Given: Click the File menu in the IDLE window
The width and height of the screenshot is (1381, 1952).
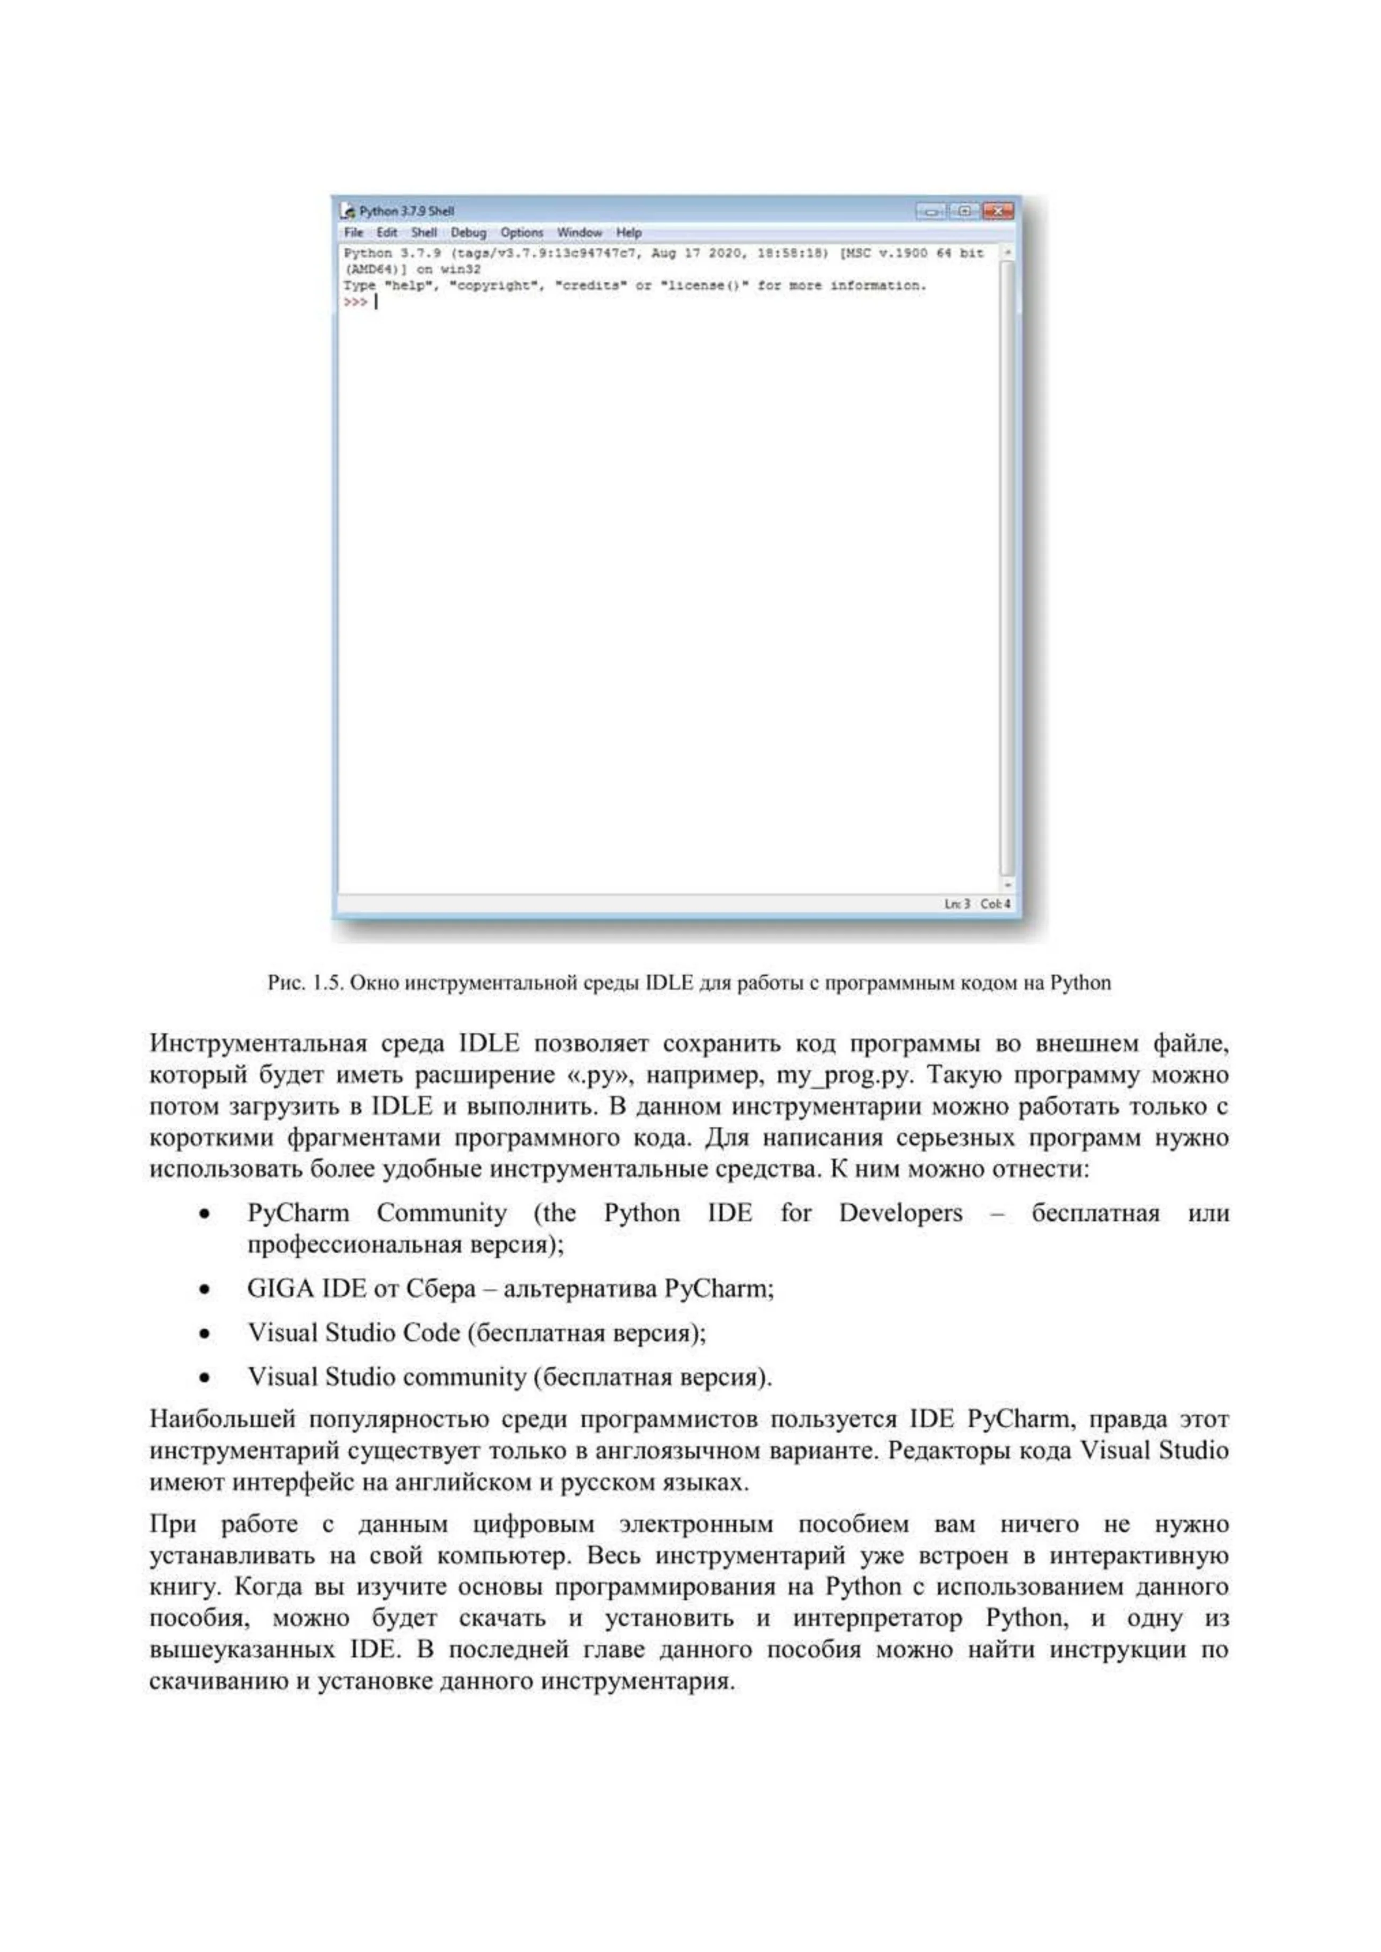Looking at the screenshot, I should tap(353, 232).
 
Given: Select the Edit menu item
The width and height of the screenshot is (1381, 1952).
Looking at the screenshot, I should tap(387, 232).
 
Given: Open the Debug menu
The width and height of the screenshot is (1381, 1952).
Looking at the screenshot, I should tap(468, 232).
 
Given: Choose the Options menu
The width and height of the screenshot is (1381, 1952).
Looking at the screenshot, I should tap(521, 232).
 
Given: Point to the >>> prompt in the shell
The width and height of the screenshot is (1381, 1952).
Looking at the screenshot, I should tap(355, 302).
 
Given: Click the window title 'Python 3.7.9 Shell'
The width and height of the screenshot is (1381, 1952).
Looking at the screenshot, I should tap(407, 211).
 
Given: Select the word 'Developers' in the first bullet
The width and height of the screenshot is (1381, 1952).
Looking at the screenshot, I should tap(900, 1213).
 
